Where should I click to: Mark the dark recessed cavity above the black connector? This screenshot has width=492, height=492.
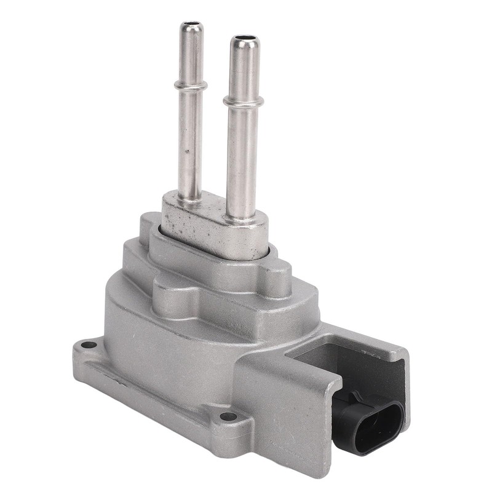pyautogui.click(x=344, y=363)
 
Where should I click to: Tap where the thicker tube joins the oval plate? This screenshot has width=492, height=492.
pyautogui.click(x=242, y=215)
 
